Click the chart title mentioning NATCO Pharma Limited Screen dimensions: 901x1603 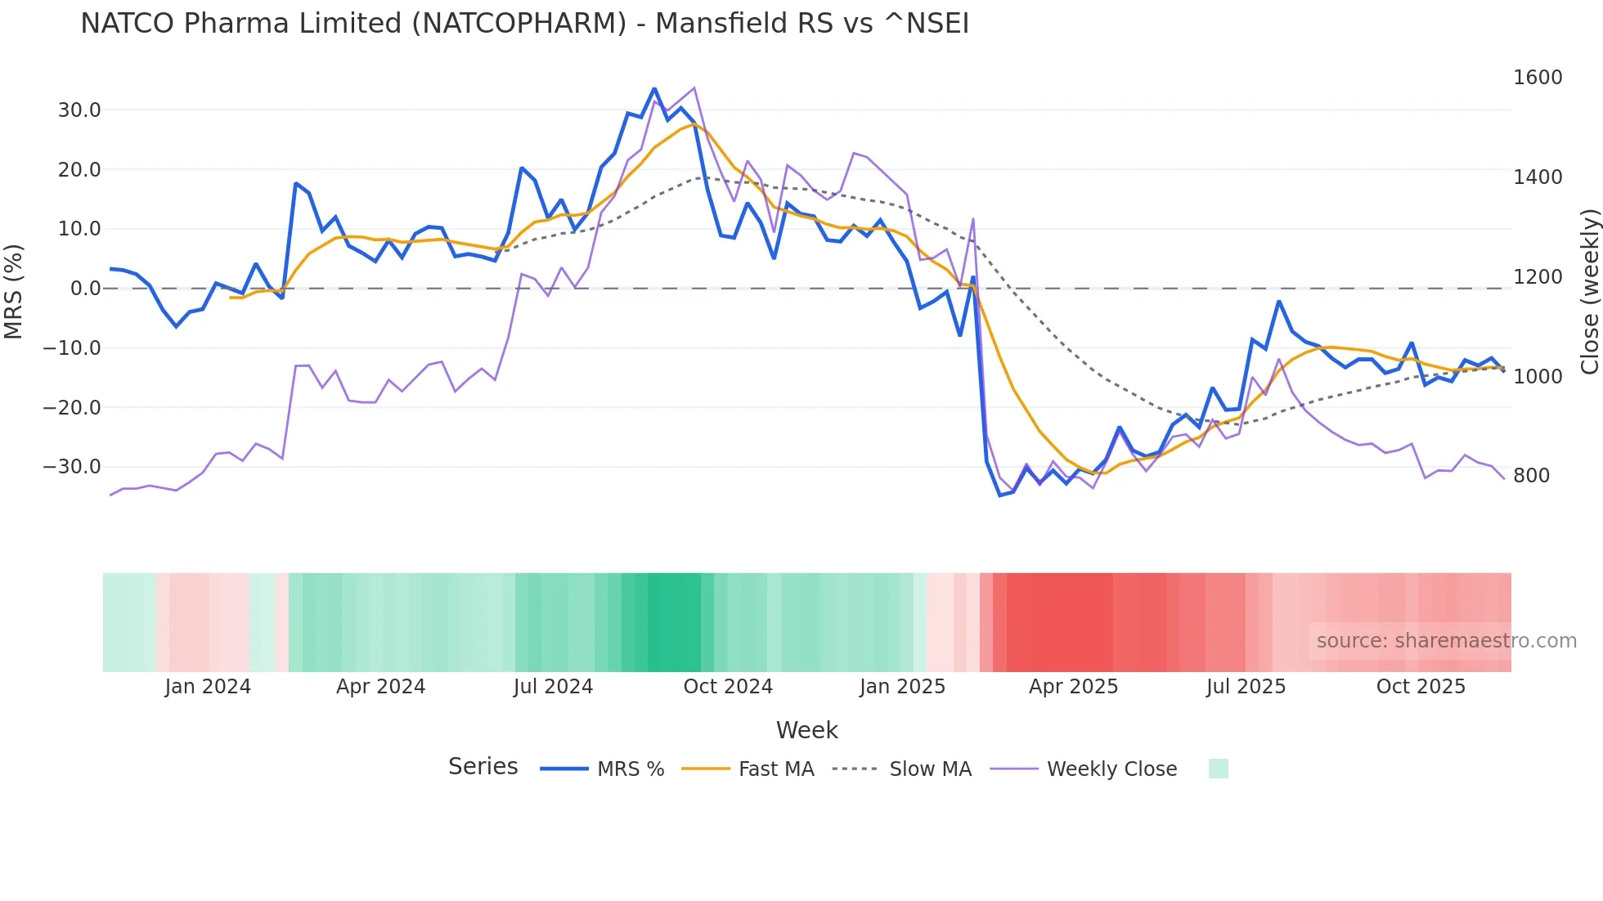pos(524,24)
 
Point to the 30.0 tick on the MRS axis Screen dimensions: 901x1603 pos(79,110)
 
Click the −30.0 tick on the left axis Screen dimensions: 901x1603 pos(72,467)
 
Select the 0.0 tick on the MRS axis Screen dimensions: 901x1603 pos(85,289)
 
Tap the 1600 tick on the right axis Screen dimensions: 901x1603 pos(1538,78)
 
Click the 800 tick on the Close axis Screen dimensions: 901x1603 pos(1532,476)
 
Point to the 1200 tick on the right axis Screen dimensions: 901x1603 pos(1538,277)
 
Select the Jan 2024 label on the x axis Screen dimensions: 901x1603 pos(208,687)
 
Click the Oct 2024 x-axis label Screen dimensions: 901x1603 pos(728,687)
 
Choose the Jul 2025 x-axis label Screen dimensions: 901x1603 pos(1246,687)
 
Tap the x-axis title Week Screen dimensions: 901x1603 pos(806,730)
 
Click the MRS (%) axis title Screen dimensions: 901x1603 pos(14,291)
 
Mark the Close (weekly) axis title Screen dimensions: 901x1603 pos(1589,291)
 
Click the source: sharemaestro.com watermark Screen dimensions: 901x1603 pos(1446,641)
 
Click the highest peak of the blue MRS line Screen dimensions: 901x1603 pos(654,88)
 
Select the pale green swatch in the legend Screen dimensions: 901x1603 pos(1218,769)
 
